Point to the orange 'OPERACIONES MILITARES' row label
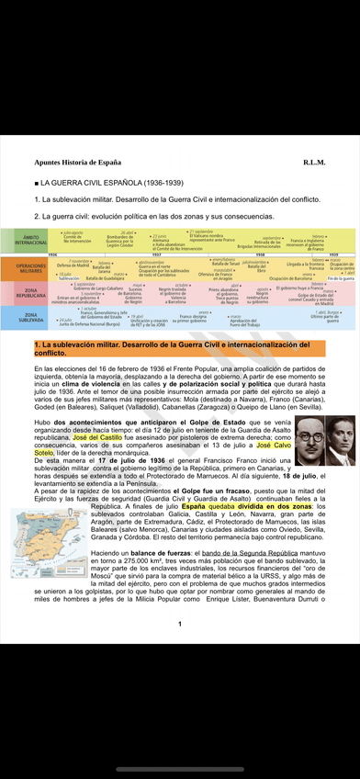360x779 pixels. point(28,268)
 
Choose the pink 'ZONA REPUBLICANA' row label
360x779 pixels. point(28,293)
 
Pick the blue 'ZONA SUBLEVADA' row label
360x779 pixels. point(28,317)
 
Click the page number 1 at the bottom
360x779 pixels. point(179,625)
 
